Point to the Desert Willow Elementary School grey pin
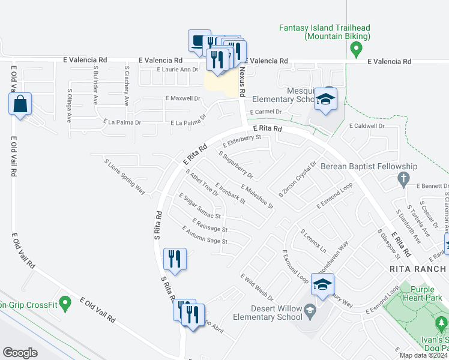(310, 310)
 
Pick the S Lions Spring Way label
(124, 177)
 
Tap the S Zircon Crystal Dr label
(297, 179)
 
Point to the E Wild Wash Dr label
(256, 287)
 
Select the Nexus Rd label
(242, 81)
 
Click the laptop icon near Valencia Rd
(199, 41)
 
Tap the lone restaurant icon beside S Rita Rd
(175, 259)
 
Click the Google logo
(20, 353)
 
